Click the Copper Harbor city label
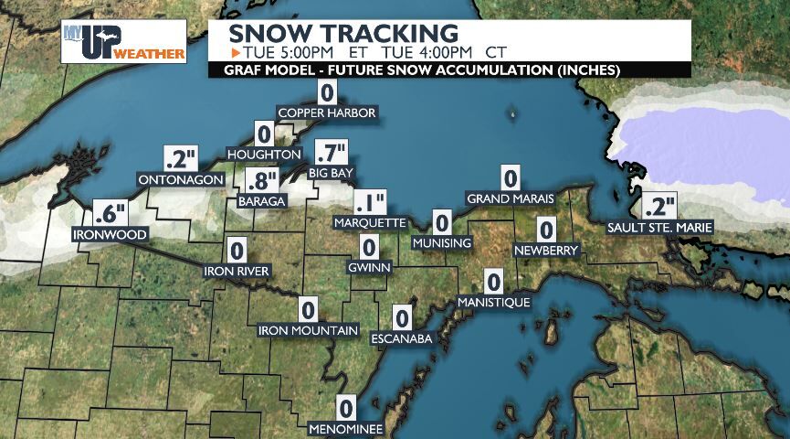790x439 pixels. (327, 113)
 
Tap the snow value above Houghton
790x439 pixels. (265, 134)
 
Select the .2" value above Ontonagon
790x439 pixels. (180, 158)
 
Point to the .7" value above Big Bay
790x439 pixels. (331, 153)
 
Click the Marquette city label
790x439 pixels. (370, 222)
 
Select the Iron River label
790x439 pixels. (237, 271)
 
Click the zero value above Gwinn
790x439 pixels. (369, 247)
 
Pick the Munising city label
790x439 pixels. (442, 243)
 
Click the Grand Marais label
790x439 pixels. (510, 199)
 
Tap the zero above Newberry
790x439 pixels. (546, 230)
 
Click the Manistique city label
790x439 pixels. (494, 302)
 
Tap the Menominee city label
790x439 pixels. (345, 428)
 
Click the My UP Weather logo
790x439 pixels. (124, 41)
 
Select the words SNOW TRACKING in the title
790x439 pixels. (342, 32)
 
